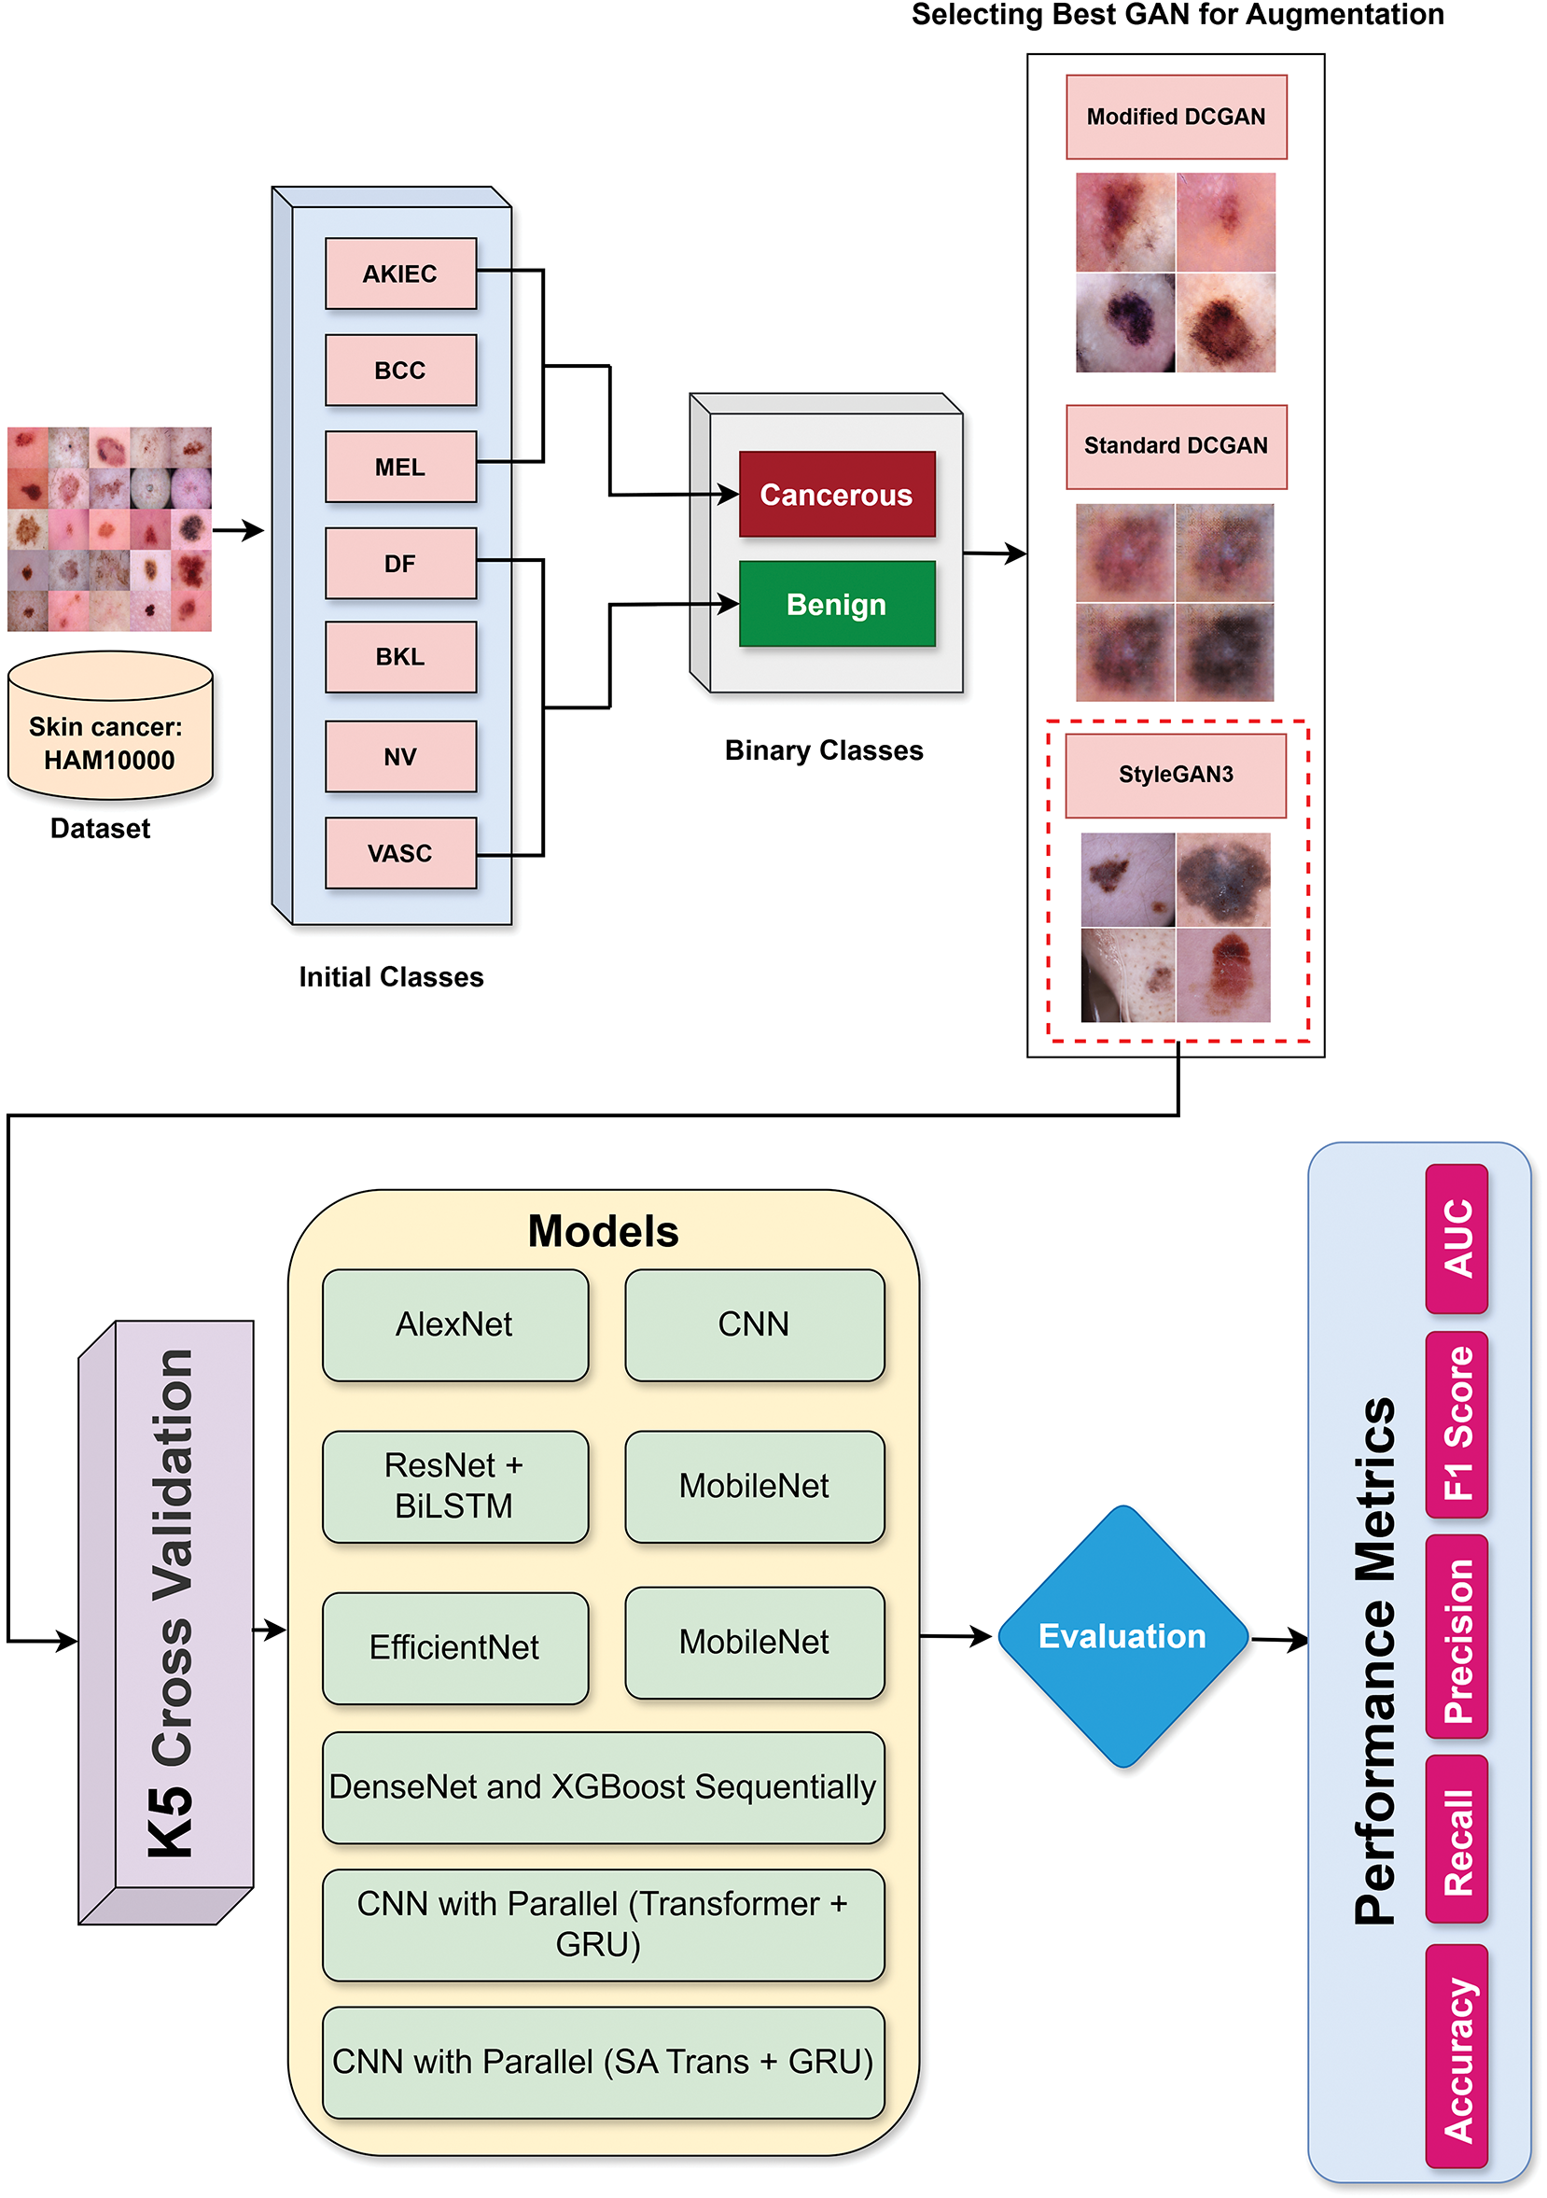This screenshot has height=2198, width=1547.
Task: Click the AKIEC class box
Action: click(x=400, y=273)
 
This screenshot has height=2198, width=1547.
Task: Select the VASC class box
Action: click(x=400, y=853)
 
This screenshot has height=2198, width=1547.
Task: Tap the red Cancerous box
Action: click(x=837, y=494)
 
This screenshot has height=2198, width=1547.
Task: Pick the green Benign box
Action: click(x=837, y=604)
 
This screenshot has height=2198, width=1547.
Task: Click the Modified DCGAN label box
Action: click(x=1176, y=117)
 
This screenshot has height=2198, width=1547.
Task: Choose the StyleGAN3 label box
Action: click(x=1176, y=775)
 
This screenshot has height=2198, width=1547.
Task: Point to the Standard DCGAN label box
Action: click(x=1176, y=446)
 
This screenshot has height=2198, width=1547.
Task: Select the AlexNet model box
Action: click(x=454, y=1325)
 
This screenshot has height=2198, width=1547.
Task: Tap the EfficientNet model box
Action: click(x=454, y=1647)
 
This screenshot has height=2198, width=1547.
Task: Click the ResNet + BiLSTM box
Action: click(x=454, y=1486)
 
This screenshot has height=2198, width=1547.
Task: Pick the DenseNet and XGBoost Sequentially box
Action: click(x=603, y=1786)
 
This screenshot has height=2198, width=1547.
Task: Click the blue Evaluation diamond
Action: click(x=1122, y=1636)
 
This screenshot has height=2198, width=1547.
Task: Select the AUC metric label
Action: click(x=1456, y=1239)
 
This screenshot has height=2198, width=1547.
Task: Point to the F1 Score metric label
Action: click(x=1456, y=1423)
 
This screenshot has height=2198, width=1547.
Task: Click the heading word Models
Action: click(x=603, y=1232)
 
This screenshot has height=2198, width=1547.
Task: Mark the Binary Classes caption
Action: click(x=823, y=750)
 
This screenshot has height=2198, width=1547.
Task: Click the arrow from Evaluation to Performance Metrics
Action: click(x=1279, y=1640)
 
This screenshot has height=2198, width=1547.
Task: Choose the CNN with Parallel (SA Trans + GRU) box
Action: click(x=603, y=2061)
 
